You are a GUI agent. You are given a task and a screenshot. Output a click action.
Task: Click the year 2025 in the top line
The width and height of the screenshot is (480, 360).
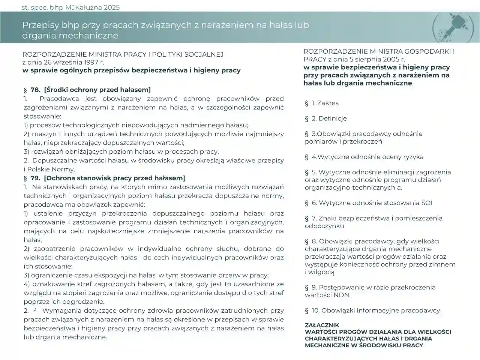pyautogui.click(x=112, y=7)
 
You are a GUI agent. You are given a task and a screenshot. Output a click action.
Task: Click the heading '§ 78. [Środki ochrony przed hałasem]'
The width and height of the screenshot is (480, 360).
pyautogui.click(x=87, y=90)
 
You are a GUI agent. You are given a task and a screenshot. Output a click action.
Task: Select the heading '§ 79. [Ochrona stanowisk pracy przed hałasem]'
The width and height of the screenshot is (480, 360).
pyautogui.click(x=104, y=178)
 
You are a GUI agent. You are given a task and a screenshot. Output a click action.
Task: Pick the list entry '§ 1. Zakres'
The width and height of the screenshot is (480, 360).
pyautogui.click(x=322, y=103)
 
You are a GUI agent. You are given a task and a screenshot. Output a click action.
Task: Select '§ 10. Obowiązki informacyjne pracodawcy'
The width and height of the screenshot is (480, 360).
pyautogui.click(x=372, y=310)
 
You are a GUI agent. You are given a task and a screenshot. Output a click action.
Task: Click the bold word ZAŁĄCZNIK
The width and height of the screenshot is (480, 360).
pyautogui.click(x=322, y=325)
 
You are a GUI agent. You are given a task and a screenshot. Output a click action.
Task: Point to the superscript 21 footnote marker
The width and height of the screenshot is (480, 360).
pyautogui.click(x=36, y=309)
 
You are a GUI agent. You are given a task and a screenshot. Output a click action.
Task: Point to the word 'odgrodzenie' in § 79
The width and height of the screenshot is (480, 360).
pyautogui.click(x=86, y=302)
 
